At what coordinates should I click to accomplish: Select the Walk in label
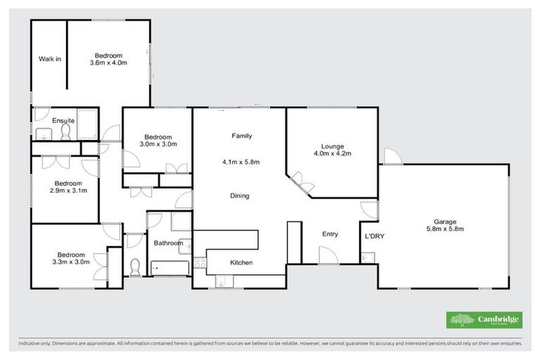click(49, 59)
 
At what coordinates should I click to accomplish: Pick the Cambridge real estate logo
click(484, 320)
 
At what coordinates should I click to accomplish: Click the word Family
click(242, 136)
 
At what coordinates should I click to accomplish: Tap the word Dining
click(240, 195)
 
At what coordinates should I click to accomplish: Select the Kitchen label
click(241, 262)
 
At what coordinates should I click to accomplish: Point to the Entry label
click(330, 234)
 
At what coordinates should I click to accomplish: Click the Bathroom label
click(168, 243)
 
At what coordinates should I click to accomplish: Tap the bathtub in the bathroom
click(169, 269)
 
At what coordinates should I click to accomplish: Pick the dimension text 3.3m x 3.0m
click(71, 262)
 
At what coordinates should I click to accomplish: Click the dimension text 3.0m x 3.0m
click(158, 144)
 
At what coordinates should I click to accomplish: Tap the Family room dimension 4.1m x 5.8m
click(241, 162)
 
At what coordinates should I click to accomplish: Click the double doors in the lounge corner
click(302, 183)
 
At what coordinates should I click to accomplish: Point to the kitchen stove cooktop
click(200, 264)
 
